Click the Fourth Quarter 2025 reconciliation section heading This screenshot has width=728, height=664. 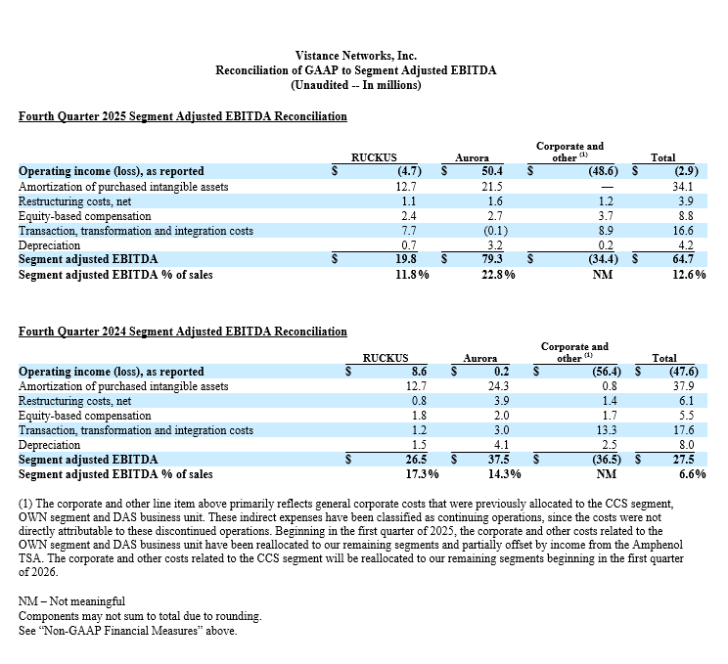click(182, 116)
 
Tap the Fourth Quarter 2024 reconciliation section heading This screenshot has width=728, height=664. click(182, 332)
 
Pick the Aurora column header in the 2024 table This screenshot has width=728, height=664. click(479, 358)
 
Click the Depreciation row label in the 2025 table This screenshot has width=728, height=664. click(50, 245)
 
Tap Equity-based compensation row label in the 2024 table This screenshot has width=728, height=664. click(85, 416)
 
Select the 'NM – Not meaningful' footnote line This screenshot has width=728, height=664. click(71, 600)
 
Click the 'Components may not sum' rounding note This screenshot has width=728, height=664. click(140, 615)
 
